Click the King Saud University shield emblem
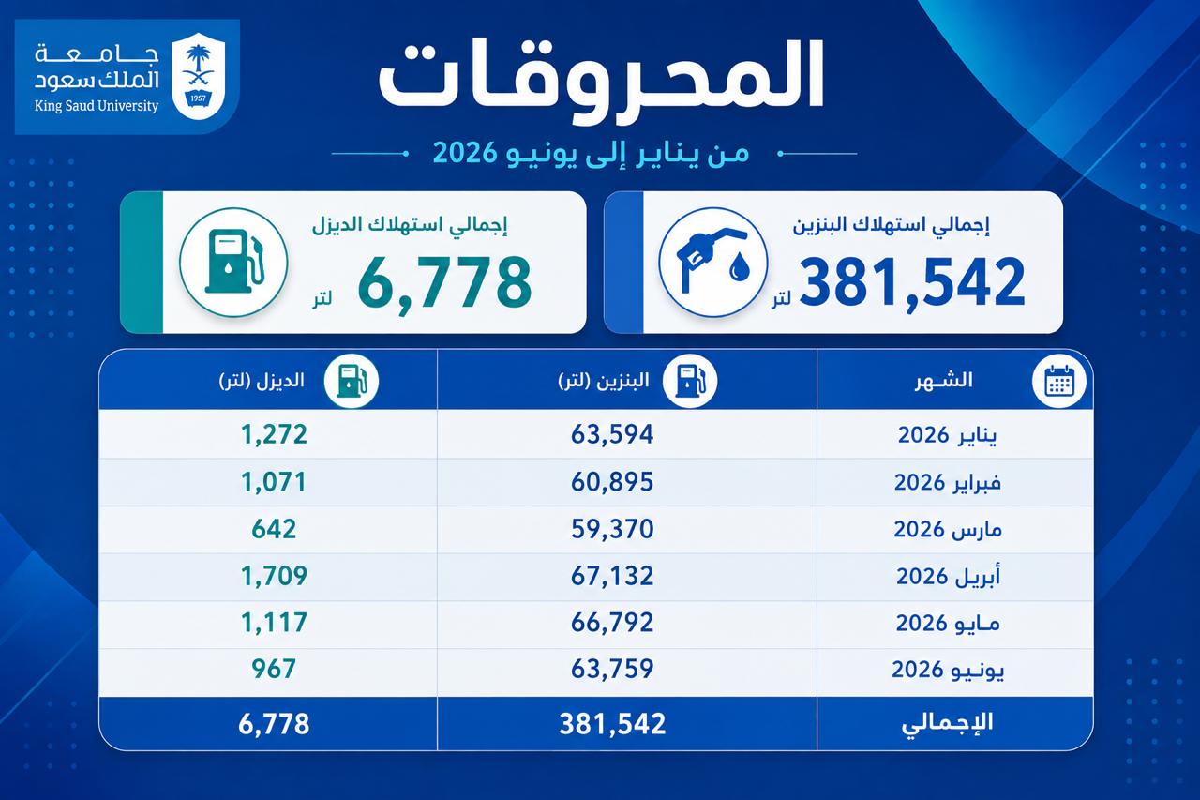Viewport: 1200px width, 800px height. coord(198,77)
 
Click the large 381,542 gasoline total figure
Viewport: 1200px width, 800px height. coord(912,282)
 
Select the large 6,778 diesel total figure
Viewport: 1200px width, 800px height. coord(444,282)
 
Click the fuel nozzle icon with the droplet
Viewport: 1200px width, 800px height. coord(713,263)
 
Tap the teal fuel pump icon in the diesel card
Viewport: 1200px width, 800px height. coord(234,262)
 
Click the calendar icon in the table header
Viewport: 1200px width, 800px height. coord(1059,382)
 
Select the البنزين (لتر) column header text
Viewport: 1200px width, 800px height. coord(604,381)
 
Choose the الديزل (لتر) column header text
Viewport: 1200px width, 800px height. coord(262,381)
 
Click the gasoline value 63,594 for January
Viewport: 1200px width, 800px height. coord(612,434)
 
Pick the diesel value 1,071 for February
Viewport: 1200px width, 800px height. coord(274,482)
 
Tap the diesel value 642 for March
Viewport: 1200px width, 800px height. coord(274,529)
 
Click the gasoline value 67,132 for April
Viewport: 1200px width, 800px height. coord(612,576)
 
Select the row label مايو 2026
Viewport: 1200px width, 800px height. coord(948,623)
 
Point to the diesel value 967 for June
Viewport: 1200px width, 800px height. coord(274,670)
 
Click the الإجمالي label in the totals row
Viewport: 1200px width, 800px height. coord(947,723)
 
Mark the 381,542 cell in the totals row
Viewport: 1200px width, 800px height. coord(612,723)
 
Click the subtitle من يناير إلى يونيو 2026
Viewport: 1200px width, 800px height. coord(592,153)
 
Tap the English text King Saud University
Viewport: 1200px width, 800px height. coord(97,106)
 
